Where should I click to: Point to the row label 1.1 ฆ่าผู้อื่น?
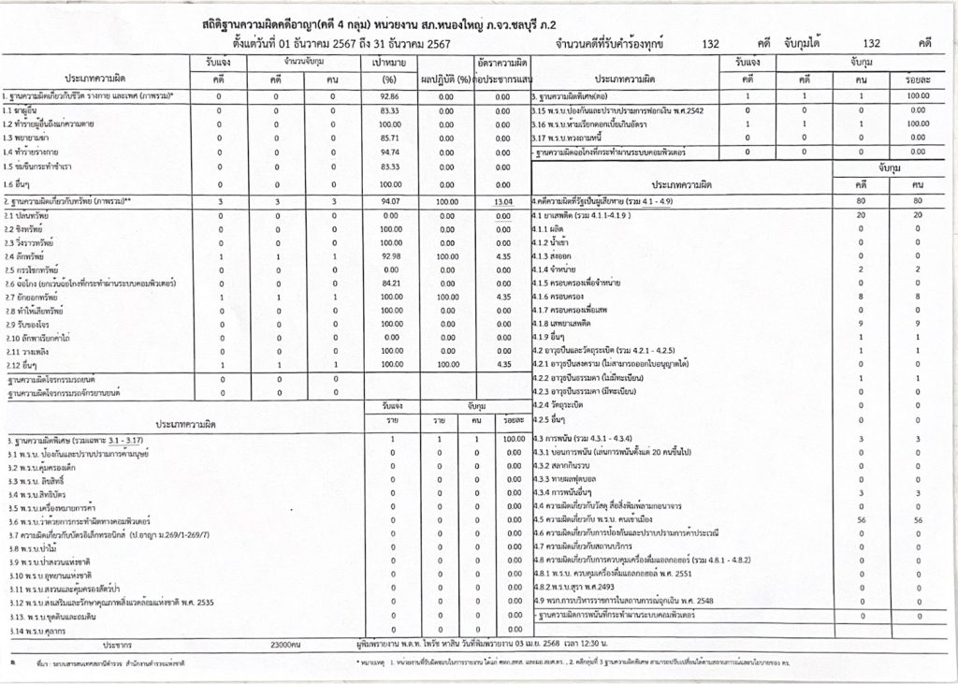pyautogui.click(x=29, y=110)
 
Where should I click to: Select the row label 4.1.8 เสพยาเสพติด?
pyautogui.click(x=567, y=324)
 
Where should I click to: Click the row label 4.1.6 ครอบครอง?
pyautogui.click(x=560, y=297)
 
